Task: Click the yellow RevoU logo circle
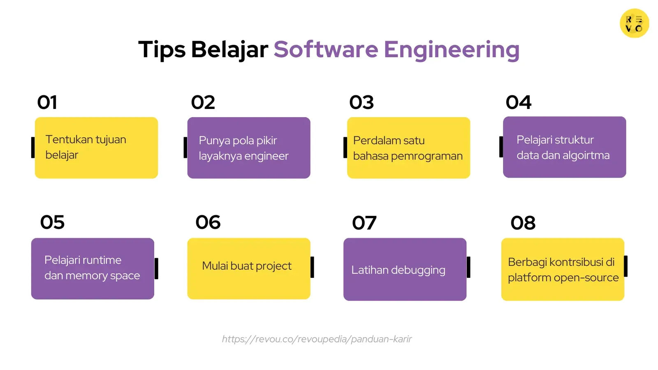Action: coord(634,23)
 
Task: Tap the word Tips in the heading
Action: coord(162,50)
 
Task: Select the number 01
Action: coord(47,102)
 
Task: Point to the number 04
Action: coord(518,102)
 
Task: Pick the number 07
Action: coord(364,223)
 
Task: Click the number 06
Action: coord(208,222)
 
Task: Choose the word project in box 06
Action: coord(273,266)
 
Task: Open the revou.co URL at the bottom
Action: coord(317,339)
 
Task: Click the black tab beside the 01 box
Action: coord(33,147)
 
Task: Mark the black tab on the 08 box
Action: coord(626,266)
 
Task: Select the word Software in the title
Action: coord(326,50)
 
